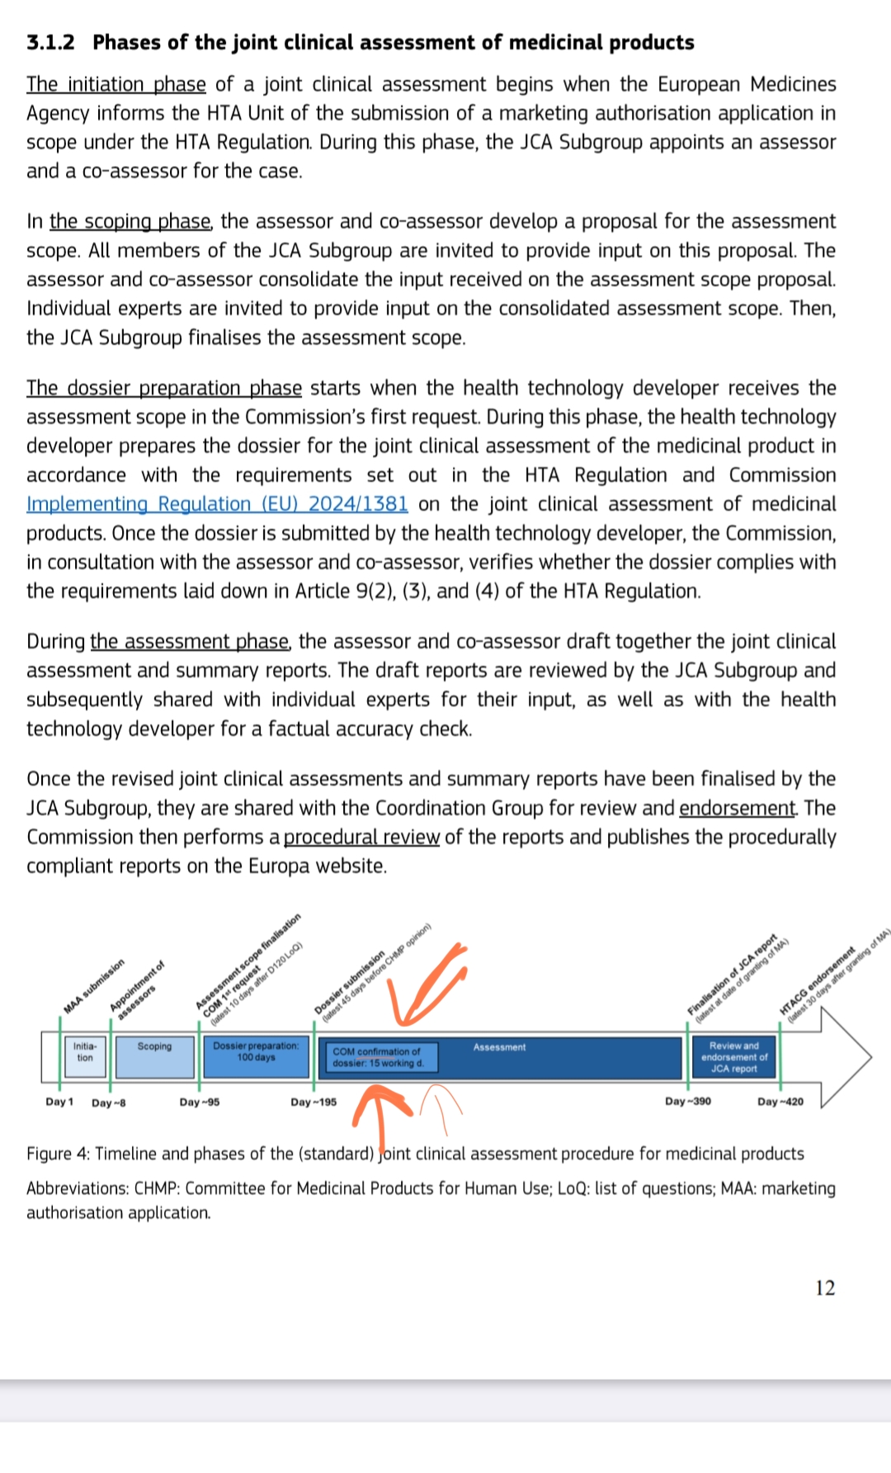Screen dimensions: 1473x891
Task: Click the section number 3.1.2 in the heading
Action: tap(50, 43)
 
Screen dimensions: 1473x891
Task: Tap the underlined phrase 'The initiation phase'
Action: tap(116, 85)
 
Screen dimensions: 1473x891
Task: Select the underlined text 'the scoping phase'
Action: tap(130, 222)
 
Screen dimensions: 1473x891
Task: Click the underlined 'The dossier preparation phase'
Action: tap(164, 389)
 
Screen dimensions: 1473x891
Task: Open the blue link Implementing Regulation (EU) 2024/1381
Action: tap(217, 504)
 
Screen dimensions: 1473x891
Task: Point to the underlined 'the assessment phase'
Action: tap(190, 642)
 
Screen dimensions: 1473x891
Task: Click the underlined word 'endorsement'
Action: tap(738, 808)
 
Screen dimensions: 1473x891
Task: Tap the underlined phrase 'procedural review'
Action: tap(361, 838)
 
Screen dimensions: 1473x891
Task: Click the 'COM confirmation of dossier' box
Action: tap(378, 1057)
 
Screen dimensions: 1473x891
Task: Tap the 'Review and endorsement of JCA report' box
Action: tap(733, 1057)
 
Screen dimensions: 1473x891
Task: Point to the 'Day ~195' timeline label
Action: tap(313, 1102)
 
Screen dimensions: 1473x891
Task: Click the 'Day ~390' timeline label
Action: tap(688, 1102)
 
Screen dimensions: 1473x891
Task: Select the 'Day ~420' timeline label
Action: tap(780, 1102)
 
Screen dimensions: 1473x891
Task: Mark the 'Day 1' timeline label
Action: tap(59, 1102)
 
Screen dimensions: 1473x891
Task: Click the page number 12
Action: tap(825, 1288)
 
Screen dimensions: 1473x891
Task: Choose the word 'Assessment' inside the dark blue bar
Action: tap(499, 1047)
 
